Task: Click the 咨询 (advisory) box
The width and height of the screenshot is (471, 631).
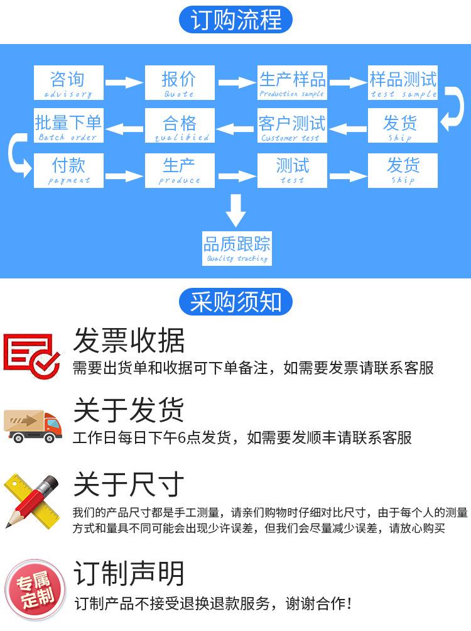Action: (x=68, y=82)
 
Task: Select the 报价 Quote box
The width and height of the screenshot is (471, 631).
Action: (x=180, y=82)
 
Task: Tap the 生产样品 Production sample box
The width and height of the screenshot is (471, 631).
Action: (x=292, y=82)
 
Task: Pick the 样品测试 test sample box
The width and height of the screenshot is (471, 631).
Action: (x=403, y=82)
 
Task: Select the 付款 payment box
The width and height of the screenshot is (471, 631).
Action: (x=68, y=170)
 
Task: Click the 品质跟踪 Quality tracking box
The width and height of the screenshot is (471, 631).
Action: (x=237, y=248)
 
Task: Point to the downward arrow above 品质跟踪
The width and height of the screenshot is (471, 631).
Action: (x=236, y=211)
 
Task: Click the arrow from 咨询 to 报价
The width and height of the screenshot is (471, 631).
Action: (x=124, y=82)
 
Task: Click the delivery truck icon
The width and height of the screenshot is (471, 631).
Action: (x=33, y=426)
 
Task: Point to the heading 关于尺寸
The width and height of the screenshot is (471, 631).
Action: (x=129, y=485)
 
